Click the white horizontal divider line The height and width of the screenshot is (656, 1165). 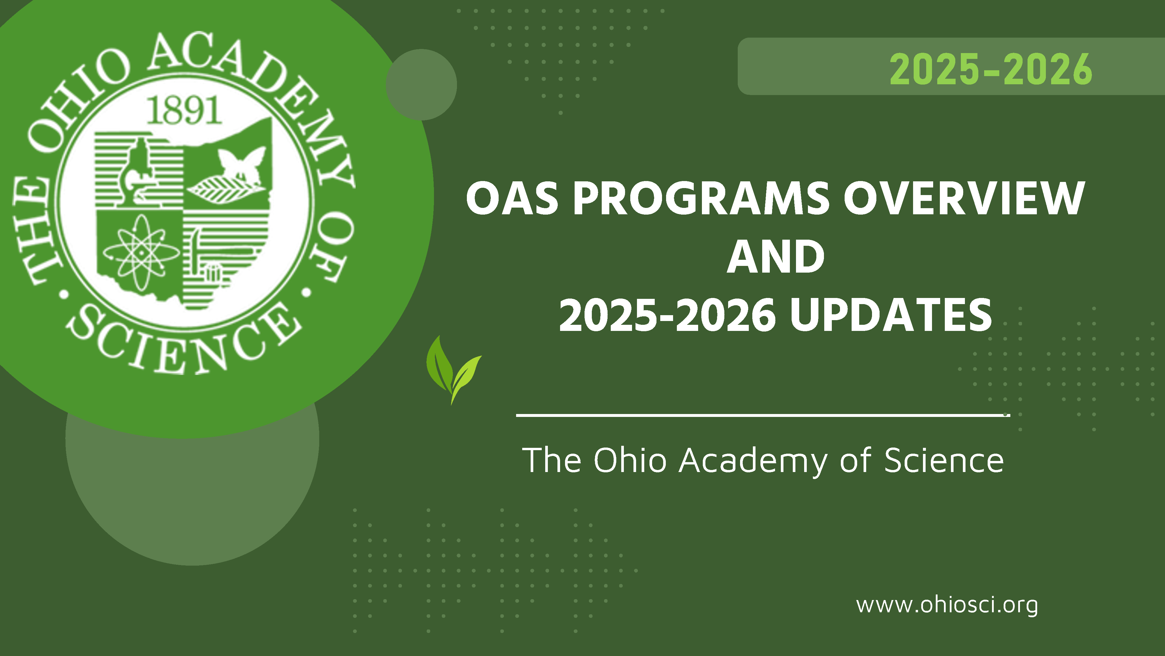[x=763, y=415]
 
